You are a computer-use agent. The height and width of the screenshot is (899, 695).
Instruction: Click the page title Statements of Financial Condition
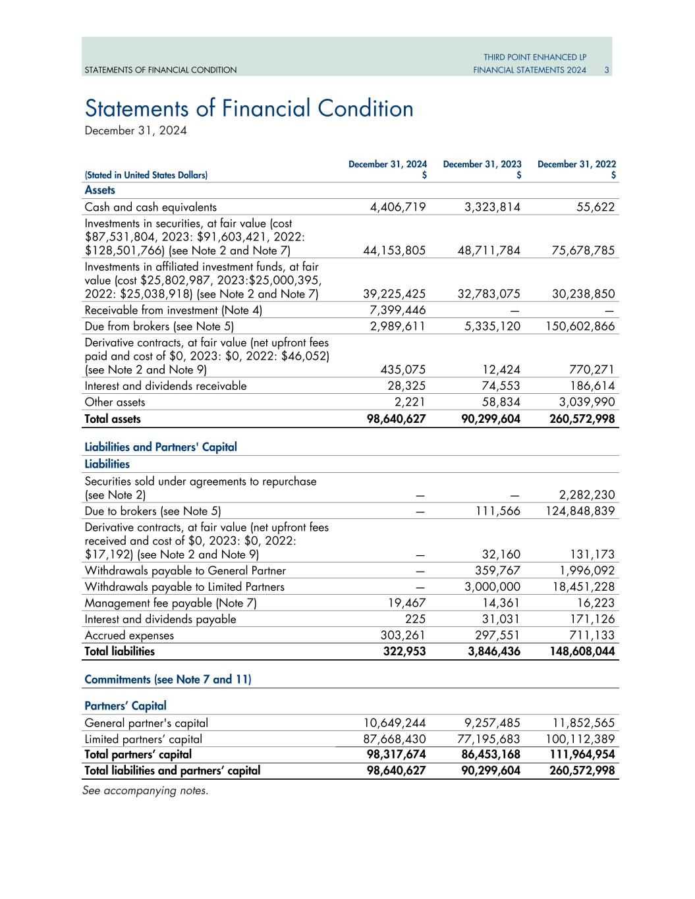[249, 109]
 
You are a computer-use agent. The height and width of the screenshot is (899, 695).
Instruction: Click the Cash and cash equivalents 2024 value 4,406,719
[398, 207]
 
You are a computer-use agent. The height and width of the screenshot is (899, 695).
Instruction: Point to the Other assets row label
[115, 402]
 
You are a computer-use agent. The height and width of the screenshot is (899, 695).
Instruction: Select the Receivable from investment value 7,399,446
[398, 310]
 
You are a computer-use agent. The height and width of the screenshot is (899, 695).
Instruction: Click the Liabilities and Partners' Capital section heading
[161, 447]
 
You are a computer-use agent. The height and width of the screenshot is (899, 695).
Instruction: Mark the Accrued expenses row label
[129, 636]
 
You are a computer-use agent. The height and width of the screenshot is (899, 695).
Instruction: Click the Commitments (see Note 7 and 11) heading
[168, 680]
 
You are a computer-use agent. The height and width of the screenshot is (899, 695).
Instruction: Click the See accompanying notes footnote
[146, 790]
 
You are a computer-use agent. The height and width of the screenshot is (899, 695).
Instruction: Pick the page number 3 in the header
[606, 70]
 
